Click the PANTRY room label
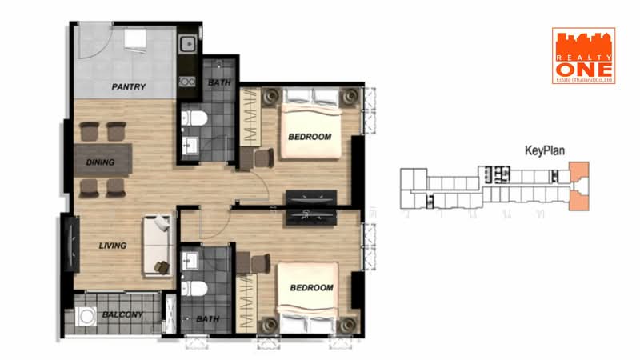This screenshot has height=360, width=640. pyautogui.click(x=128, y=86)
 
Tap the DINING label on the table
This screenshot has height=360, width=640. pyautogui.click(x=101, y=162)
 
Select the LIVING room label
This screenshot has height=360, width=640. pyautogui.click(x=113, y=246)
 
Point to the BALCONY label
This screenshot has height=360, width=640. pyautogui.click(x=122, y=314)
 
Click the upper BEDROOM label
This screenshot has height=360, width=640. pyautogui.click(x=309, y=137)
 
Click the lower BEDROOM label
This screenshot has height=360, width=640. pyautogui.click(x=310, y=287)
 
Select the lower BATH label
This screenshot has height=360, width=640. pyautogui.click(x=207, y=319)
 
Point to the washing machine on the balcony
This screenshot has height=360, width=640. pyautogui.click(x=86, y=316)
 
